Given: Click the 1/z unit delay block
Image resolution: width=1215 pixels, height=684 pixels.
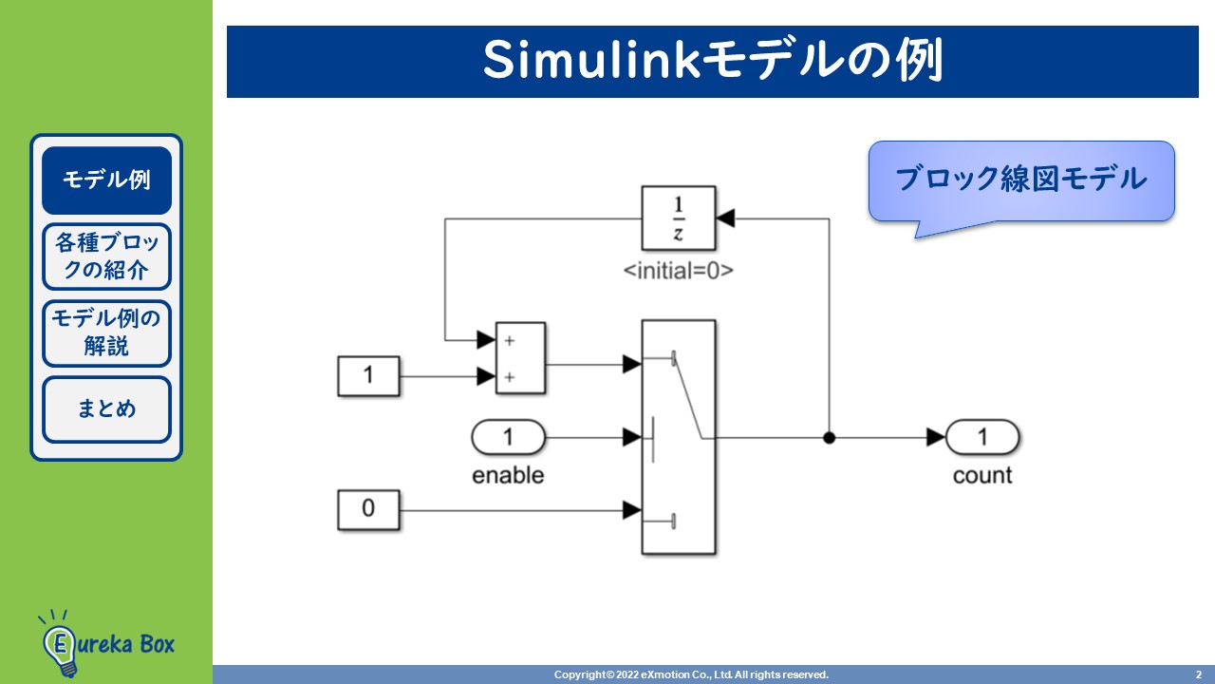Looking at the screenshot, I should point(678,218).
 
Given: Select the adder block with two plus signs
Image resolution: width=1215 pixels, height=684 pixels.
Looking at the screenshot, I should point(520,357).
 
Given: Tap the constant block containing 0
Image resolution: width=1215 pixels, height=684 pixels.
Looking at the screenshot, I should point(368,509).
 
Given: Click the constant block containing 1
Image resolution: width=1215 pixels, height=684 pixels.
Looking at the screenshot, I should point(368,375).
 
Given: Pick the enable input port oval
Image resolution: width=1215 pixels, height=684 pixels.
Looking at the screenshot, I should point(508,438).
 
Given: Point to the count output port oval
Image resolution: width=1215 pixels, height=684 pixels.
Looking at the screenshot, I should point(982,438).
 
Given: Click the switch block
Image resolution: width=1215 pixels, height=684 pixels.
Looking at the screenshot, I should point(678,437).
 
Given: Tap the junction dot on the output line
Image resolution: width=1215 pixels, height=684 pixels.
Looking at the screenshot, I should point(829,438).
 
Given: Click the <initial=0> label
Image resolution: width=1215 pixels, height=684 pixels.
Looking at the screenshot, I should point(678,271).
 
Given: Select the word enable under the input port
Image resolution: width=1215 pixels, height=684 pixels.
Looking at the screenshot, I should point(508,475).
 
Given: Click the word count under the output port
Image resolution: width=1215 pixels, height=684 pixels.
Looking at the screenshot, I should point(982,475).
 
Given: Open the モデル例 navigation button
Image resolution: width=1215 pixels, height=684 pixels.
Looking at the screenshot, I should point(106,180).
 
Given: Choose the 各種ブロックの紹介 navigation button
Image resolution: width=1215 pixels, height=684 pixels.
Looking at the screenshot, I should point(106,256).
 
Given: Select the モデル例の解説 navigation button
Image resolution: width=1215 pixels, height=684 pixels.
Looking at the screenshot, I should point(106,332).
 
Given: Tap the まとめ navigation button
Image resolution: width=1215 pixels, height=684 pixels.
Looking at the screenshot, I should point(106,409).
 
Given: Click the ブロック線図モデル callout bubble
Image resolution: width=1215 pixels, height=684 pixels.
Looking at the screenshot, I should point(1021,180).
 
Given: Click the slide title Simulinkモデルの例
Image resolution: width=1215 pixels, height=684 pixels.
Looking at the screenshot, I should point(712,62).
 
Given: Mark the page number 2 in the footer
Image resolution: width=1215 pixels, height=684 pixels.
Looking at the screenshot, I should point(1197,674).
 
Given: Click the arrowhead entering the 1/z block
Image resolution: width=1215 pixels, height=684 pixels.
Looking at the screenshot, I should point(726,218).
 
